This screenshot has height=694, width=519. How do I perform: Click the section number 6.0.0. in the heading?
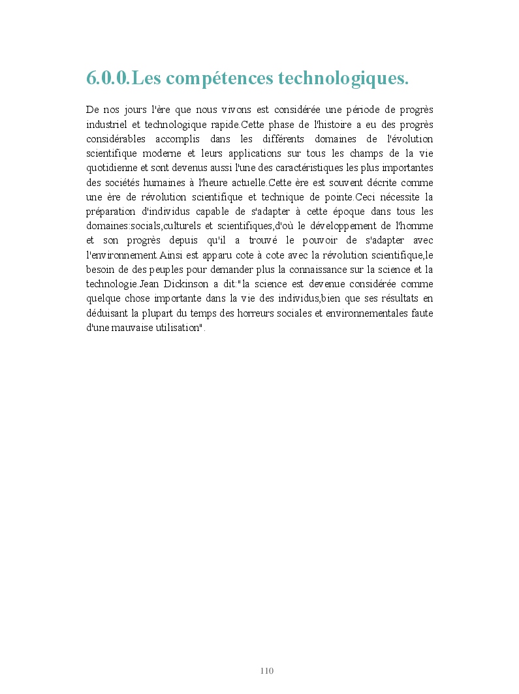[108, 78]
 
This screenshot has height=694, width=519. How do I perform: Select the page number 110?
[266, 670]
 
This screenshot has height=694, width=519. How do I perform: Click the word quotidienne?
[112, 168]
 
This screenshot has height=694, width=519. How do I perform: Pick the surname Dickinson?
[192, 284]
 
